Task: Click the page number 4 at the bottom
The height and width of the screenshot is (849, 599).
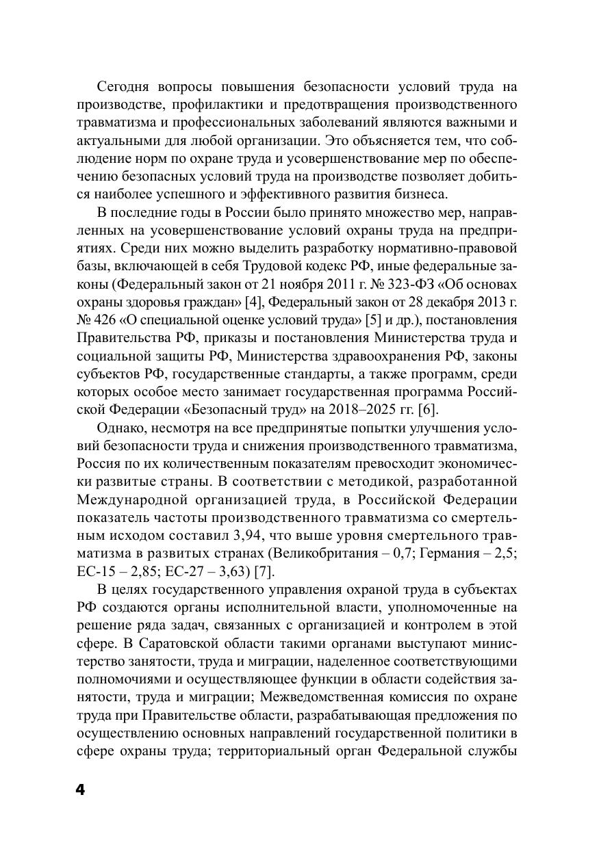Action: coord(79,790)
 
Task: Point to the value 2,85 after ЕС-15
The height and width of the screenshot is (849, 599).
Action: coord(130,571)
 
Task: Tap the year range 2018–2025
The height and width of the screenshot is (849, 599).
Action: coord(363,409)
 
